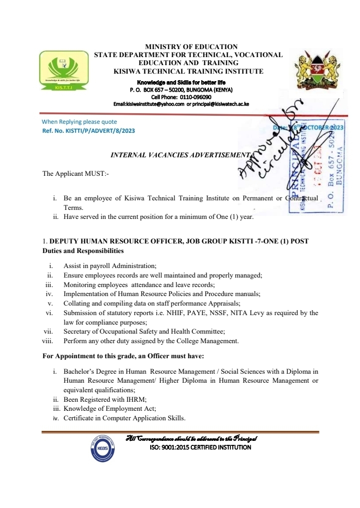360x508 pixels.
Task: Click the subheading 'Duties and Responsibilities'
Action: (83, 250)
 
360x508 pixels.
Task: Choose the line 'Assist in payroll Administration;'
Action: (110, 266)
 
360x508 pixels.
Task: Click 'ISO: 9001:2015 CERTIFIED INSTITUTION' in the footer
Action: (200, 447)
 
